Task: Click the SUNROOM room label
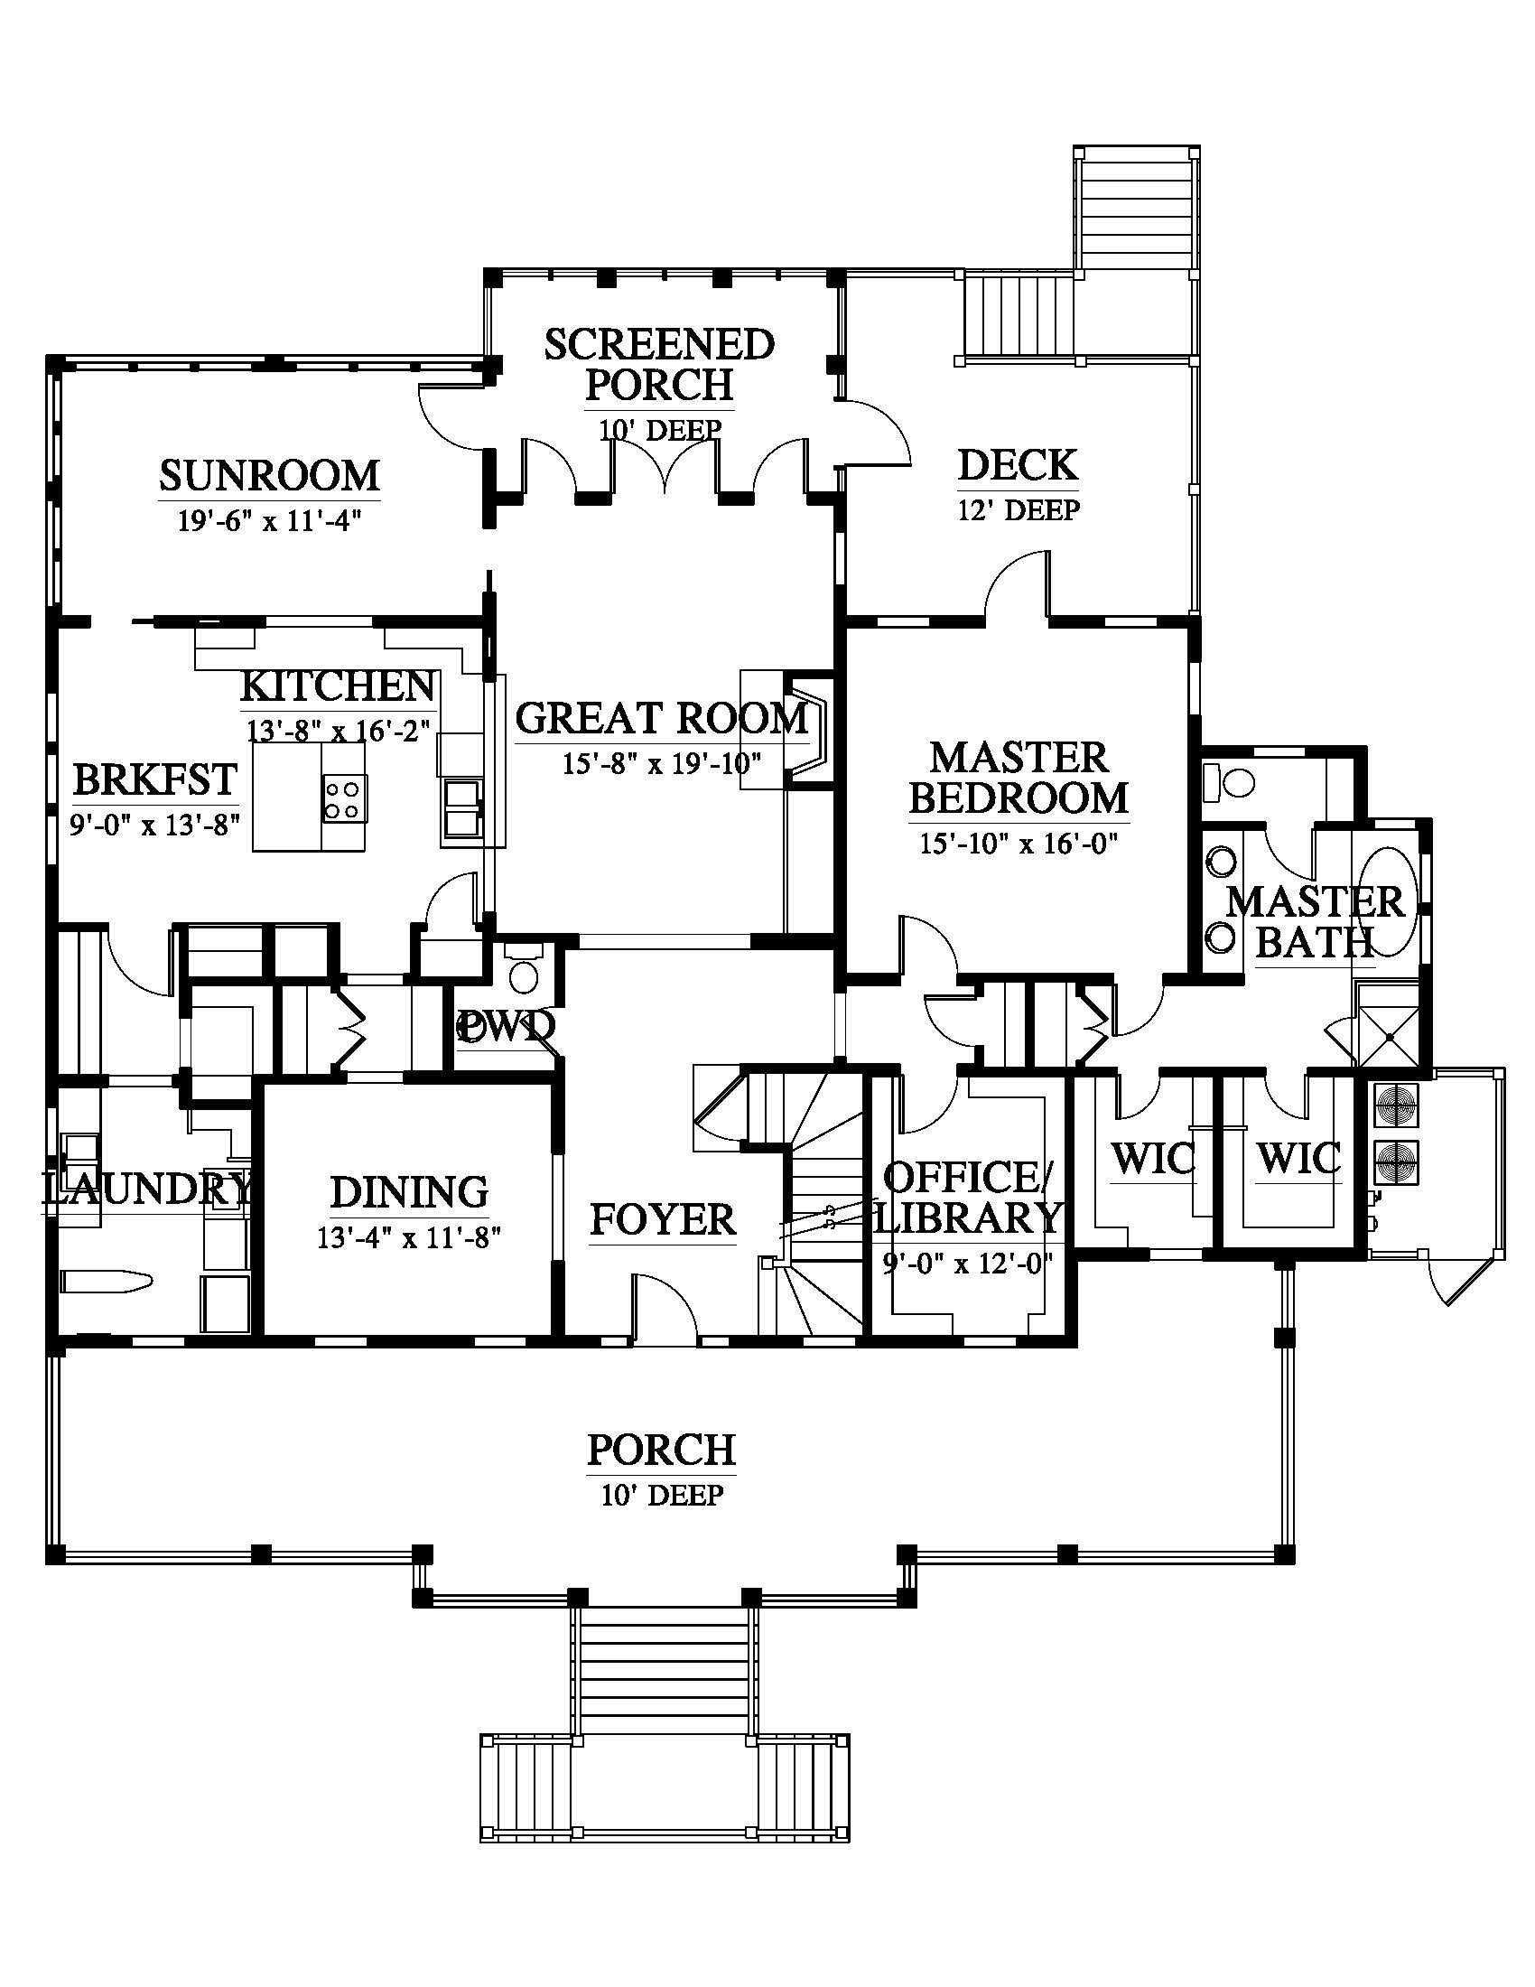(269, 476)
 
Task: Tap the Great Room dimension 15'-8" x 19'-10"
(661, 762)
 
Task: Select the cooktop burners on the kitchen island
(344, 798)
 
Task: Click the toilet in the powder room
(523, 972)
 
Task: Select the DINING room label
(408, 1192)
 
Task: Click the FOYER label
(662, 1219)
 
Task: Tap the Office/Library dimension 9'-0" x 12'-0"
(968, 1264)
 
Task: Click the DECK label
(1018, 465)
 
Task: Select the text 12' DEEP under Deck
(1019, 510)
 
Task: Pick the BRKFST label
(155, 779)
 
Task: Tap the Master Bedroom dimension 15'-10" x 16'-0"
(1019, 844)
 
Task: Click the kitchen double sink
(461, 806)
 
